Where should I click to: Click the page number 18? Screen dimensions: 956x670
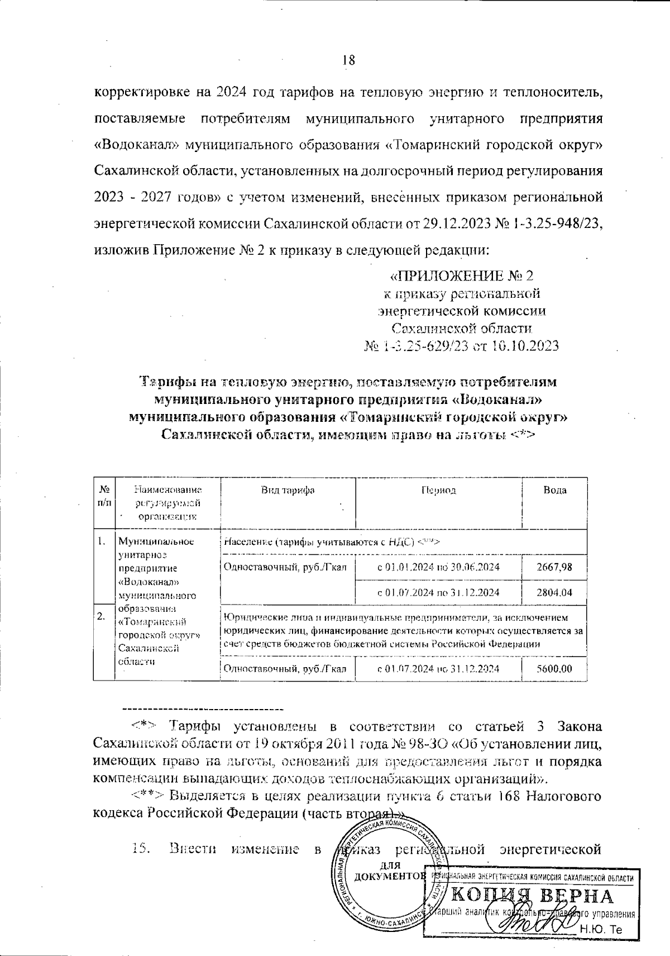[348, 60]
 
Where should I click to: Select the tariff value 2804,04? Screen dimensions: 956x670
[554, 592]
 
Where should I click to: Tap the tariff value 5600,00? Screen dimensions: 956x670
[554, 668]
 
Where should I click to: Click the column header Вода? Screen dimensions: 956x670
[554, 490]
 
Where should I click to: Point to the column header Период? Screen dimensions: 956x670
[438, 490]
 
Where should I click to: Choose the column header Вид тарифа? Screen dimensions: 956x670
[288, 490]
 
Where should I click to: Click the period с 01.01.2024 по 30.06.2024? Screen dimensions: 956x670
[438, 567]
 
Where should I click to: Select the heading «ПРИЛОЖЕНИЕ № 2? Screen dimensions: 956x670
[461, 276]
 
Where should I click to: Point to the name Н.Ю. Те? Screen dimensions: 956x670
[601, 930]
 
